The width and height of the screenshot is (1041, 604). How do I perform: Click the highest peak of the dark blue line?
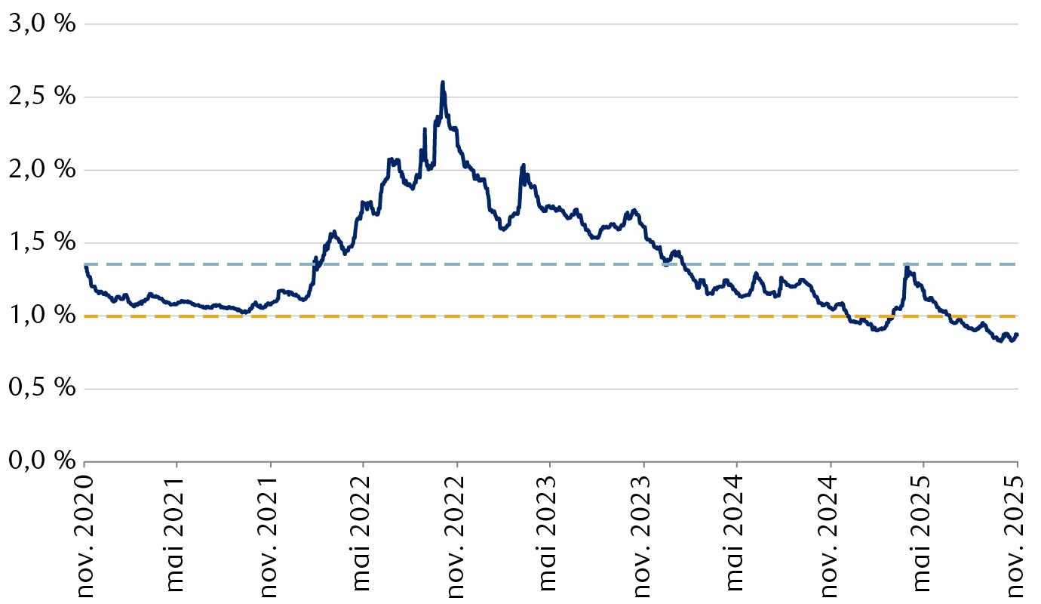click(x=443, y=82)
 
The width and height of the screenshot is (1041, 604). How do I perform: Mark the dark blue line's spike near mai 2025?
click(x=906, y=265)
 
